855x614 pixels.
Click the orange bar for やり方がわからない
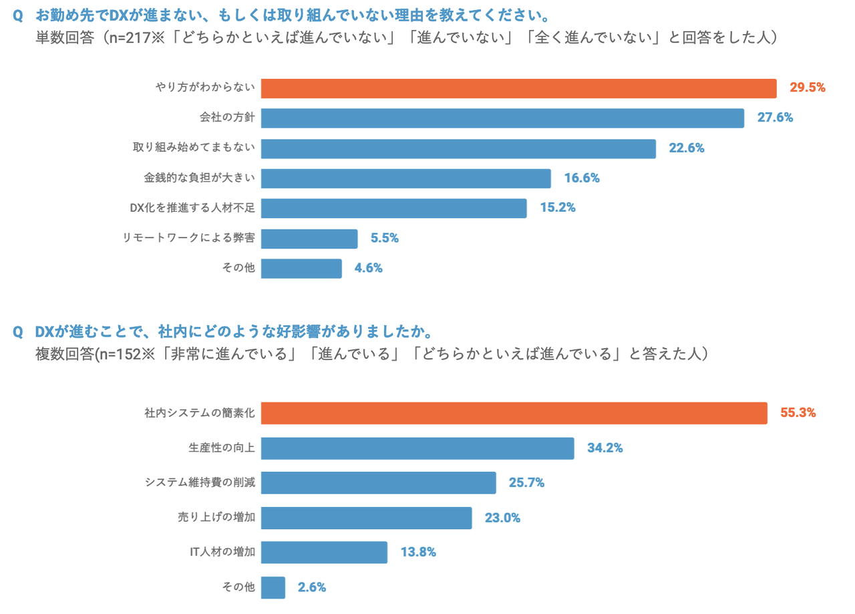(x=518, y=88)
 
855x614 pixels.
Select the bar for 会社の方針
(x=502, y=118)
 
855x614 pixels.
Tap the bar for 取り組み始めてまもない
(x=458, y=148)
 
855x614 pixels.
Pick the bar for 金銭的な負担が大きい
(x=405, y=178)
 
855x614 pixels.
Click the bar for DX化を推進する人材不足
(x=393, y=208)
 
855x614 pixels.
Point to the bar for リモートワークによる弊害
(x=309, y=239)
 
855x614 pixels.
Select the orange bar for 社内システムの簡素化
(x=514, y=413)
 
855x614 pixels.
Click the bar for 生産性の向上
(x=417, y=448)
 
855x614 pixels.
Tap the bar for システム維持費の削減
(x=378, y=482)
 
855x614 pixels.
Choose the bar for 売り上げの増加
(x=366, y=518)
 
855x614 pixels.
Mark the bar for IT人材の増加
(x=324, y=553)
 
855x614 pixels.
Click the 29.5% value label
(x=808, y=88)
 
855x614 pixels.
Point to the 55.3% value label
(x=798, y=413)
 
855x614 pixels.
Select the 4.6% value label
(x=369, y=269)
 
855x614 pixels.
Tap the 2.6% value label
(x=312, y=588)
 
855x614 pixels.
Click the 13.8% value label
(x=418, y=553)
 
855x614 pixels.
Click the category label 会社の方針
(x=227, y=118)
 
